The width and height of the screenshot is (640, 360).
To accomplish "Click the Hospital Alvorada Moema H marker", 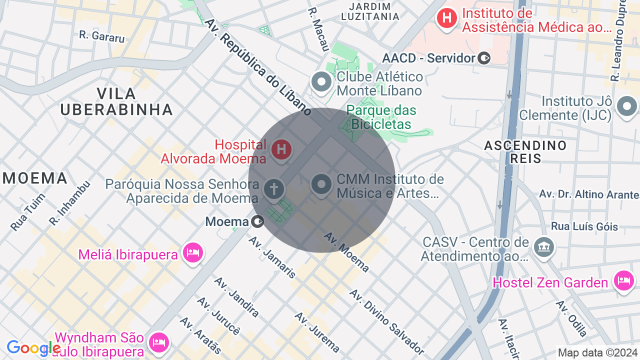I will (x=281, y=149).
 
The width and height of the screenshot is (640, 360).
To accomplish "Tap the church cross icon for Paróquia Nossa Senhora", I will (x=274, y=189).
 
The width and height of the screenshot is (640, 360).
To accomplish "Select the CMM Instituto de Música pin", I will (x=321, y=184).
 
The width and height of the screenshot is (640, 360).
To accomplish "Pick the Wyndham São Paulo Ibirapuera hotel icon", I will (x=159, y=342).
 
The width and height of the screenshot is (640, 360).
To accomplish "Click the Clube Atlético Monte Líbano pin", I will (x=321, y=81).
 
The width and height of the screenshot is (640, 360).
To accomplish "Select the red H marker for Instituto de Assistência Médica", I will (x=446, y=19).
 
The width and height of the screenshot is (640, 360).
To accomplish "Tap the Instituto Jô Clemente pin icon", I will (x=626, y=106).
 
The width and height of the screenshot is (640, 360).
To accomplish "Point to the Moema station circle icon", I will (x=257, y=221).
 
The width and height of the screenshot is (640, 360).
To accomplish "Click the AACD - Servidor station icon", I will (x=484, y=58).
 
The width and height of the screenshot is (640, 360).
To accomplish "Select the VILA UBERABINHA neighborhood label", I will (x=116, y=101).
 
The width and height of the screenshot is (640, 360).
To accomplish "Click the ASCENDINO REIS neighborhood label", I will (x=525, y=152).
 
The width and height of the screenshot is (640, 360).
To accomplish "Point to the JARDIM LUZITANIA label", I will (x=370, y=11).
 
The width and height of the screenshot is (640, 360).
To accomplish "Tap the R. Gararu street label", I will (x=102, y=36).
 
